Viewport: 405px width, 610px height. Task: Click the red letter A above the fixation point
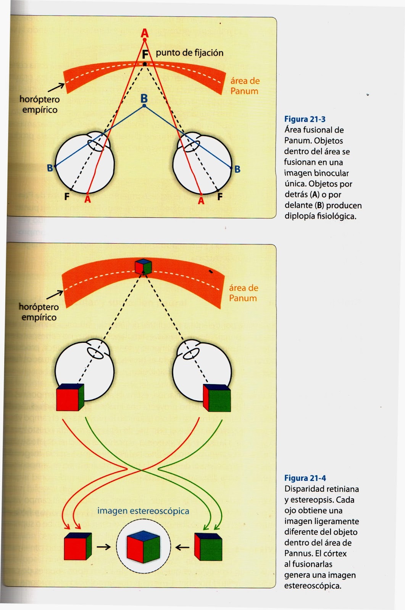[x=145, y=33]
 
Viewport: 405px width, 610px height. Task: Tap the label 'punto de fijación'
[x=189, y=53]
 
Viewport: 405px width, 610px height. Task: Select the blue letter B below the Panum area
[x=144, y=99]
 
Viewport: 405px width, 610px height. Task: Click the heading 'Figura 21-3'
[x=305, y=119]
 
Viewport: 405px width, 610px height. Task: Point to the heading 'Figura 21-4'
[x=305, y=478]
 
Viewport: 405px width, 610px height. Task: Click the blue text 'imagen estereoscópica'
[x=143, y=511]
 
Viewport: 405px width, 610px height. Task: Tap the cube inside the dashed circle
[x=143, y=546]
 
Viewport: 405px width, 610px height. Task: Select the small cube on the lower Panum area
[x=143, y=266]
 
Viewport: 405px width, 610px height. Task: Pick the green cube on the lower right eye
[x=217, y=398]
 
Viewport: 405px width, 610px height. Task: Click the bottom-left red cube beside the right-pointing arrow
[x=78, y=546]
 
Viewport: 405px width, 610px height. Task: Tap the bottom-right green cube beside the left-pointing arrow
[x=208, y=547]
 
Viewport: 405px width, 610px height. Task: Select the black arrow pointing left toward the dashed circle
[x=182, y=547]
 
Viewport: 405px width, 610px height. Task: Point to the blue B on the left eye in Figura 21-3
[x=50, y=168]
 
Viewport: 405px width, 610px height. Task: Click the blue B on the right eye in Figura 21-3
[x=237, y=169]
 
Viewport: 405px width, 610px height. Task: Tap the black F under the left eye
[x=67, y=197]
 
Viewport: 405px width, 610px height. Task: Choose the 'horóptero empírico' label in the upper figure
[x=40, y=104]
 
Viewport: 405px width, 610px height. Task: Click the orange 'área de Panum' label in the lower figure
[x=243, y=293]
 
